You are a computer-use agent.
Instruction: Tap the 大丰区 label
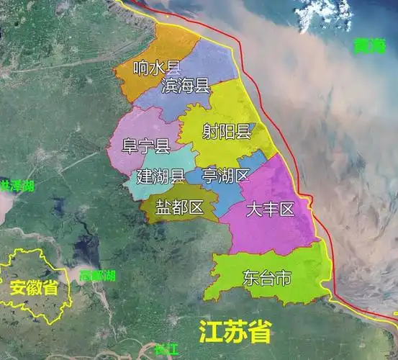coord(270,210)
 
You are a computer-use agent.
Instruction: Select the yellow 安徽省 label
coord(34,289)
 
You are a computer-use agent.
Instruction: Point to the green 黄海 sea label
coord(369,48)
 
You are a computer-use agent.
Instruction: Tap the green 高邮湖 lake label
coord(98,276)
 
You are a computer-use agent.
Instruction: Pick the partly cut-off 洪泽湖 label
coord(16,186)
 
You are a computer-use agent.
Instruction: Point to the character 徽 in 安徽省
coord(34,289)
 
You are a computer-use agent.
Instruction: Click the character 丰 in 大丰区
coord(270,210)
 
